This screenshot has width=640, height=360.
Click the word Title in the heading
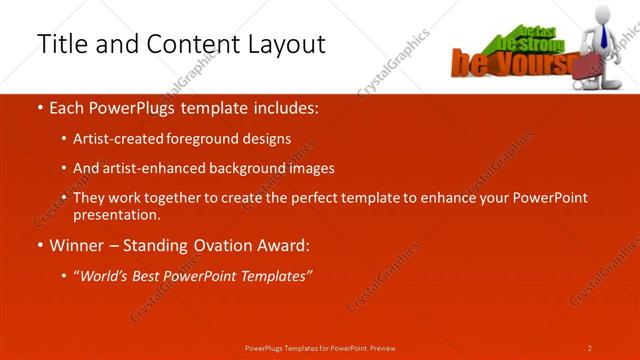click(60, 44)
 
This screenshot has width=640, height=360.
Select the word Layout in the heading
click(286, 44)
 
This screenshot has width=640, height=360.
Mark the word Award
click(284, 245)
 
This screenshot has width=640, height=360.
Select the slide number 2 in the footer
click(590, 348)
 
